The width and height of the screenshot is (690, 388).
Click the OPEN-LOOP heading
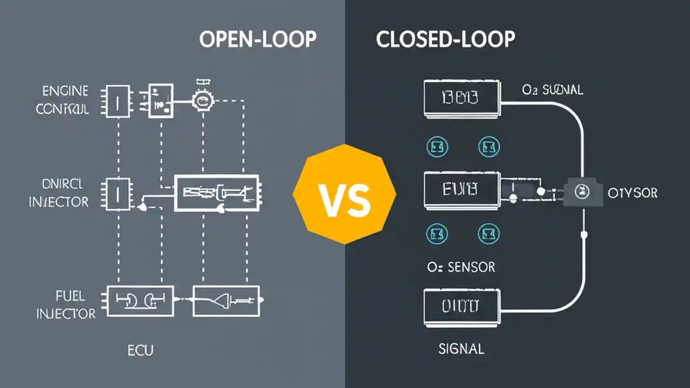point(257,40)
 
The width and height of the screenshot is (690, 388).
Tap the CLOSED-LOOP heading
point(445,40)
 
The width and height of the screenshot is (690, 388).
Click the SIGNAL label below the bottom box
point(461,349)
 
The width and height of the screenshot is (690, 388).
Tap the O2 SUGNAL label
point(552,91)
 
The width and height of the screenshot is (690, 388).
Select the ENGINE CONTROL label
point(63,100)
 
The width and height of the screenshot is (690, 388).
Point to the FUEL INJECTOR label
point(66,304)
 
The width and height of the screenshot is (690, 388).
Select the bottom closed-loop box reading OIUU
point(461,308)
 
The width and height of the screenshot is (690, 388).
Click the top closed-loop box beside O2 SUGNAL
point(461,99)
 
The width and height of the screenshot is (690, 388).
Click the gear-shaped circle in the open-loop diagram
point(203,99)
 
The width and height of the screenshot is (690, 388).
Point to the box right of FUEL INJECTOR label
point(140,301)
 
